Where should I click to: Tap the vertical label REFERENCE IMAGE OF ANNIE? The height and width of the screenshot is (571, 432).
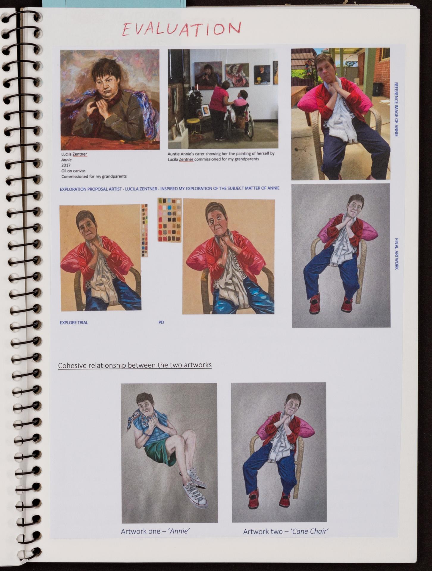click(x=396, y=109)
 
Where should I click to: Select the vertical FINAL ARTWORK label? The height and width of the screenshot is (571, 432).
click(x=396, y=253)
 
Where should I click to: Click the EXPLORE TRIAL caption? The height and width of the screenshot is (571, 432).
click(x=74, y=322)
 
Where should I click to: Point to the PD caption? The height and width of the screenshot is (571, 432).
click(x=161, y=322)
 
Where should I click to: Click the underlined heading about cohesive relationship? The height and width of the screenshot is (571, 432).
click(x=135, y=365)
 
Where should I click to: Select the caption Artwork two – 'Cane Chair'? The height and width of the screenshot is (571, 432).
click(x=286, y=531)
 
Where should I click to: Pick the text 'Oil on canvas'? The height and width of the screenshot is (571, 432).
click(x=73, y=171)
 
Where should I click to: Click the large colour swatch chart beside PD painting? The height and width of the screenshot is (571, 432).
click(x=169, y=220)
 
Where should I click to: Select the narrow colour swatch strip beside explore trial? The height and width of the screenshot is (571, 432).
click(x=145, y=230)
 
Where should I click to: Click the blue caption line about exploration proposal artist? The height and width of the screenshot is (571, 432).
click(x=170, y=189)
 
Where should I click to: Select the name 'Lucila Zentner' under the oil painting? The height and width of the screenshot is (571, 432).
click(x=74, y=154)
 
